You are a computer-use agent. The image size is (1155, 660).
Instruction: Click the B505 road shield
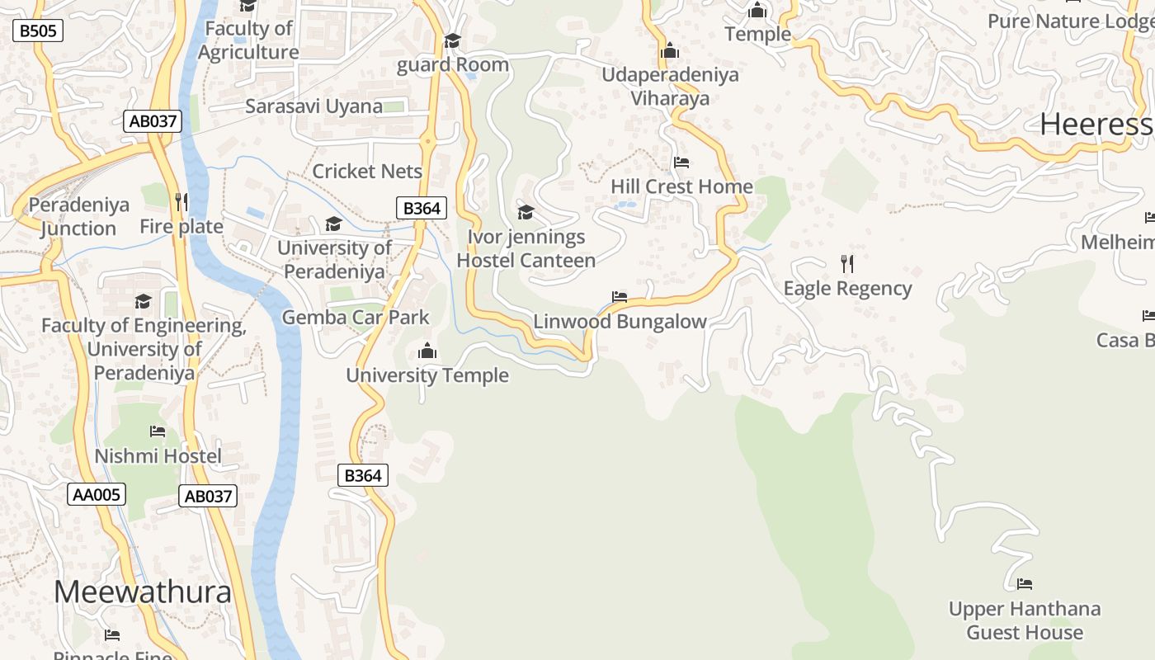(x=38, y=31)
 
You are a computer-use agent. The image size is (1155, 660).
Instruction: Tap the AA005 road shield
(x=97, y=494)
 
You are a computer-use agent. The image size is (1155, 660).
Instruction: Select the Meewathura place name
(x=143, y=592)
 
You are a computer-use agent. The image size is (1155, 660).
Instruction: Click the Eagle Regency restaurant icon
(x=846, y=264)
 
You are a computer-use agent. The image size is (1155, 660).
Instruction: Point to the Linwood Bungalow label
(x=620, y=322)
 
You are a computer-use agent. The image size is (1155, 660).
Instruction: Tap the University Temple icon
(x=427, y=351)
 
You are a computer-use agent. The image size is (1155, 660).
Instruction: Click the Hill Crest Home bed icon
(x=681, y=163)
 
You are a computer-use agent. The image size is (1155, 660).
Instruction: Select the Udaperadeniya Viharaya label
(x=670, y=87)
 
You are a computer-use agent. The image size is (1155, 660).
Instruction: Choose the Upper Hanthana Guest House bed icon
(x=1024, y=584)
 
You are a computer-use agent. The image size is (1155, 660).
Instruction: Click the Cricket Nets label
(x=367, y=172)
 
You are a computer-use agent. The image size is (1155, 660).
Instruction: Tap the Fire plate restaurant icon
(x=181, y=202)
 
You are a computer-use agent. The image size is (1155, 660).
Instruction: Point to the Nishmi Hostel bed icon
(x=158, y=431)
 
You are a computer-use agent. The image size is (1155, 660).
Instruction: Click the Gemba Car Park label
(x=356, y=318)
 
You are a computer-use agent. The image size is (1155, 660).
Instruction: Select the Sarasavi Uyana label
(x=313, y=106)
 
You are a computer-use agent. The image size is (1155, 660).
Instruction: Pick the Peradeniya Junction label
(x=78, y=217)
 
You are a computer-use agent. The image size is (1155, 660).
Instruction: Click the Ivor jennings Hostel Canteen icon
(x=526, y=213)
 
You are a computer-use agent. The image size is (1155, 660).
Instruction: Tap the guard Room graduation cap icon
(x=452, y=40)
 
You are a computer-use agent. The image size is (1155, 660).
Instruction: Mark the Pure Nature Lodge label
(x=1070, y=21)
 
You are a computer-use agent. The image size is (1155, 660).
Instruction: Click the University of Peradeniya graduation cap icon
(x=333, y=224)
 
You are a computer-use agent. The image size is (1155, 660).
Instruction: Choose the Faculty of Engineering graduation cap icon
(x=144, y=301)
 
